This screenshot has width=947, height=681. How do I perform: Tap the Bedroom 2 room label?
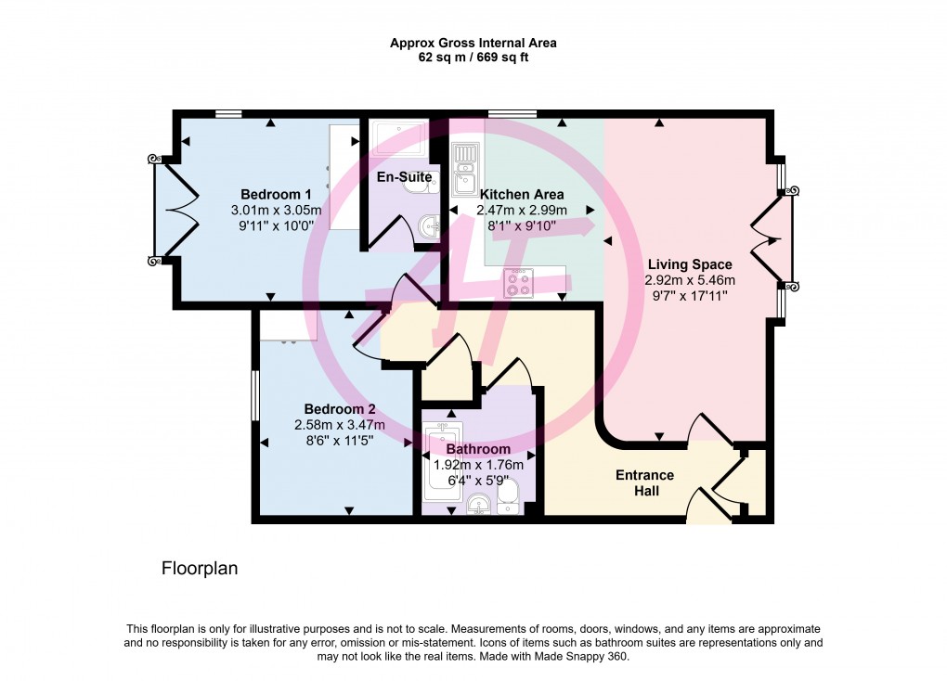[x=340, y=409]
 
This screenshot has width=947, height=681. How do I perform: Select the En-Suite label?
[x=404, y=176]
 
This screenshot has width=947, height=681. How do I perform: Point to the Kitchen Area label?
[x=522, y=194]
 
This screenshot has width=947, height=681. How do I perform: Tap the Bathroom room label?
[x=477, y=449]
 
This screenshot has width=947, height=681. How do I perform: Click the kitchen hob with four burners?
[x=518, y=283]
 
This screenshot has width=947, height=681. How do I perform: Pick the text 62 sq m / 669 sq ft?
[x=473, y=58]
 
